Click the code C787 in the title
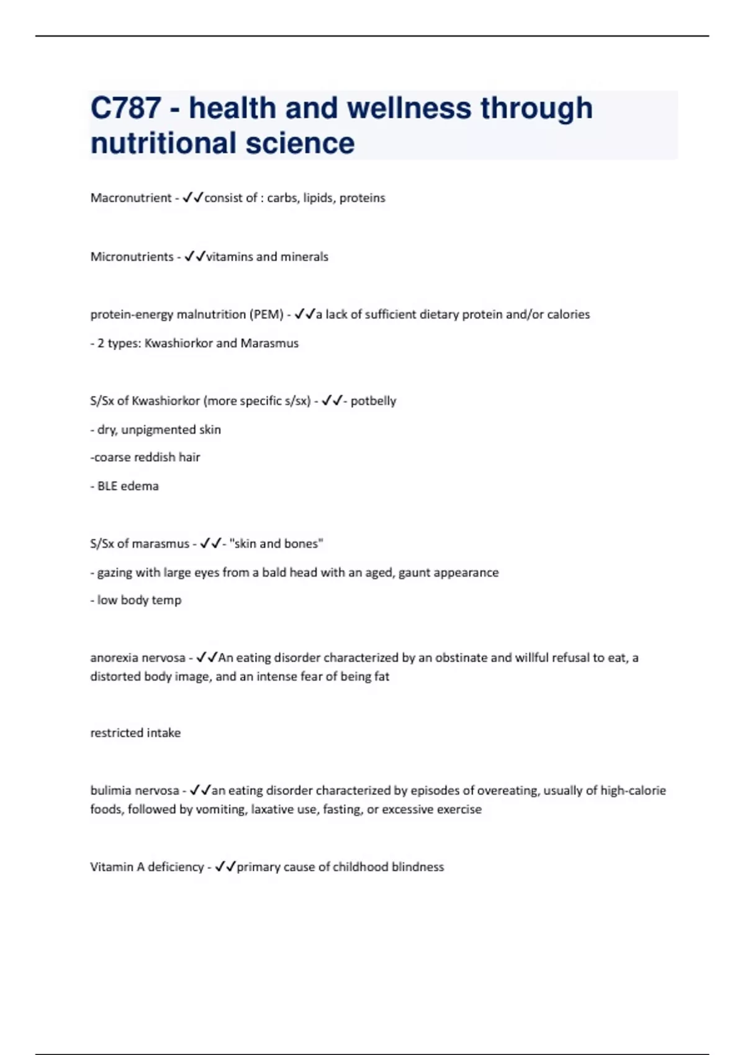click(x=126, y=108)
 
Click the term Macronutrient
click(x=130, y=198)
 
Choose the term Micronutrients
click(x=132, y=257)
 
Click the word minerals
click(x=304, y=257)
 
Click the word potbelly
click(x=373, y=401)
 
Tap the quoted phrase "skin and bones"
click(x=276, y=544)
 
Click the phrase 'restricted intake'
click(x=135, y=733)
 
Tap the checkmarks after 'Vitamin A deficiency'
click(x=225, y=867)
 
